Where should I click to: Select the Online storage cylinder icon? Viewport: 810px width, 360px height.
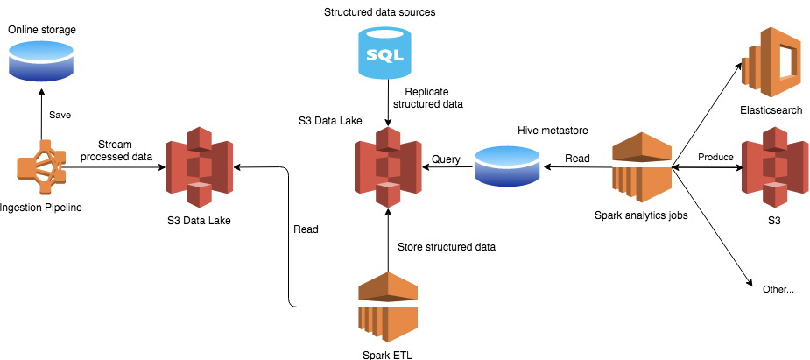coord(41,60)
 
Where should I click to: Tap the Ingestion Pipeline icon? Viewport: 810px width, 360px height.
coord(41,167)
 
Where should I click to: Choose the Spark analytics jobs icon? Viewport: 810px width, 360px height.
coord(641,166)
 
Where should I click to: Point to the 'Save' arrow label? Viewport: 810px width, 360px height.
coord(60,115)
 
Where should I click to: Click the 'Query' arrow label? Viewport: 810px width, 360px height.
coord(446,159)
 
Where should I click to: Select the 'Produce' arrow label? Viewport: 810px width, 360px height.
coord(715,158)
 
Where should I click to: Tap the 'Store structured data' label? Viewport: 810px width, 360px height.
coord(447,247)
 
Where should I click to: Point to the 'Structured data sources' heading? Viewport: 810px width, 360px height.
coord(379,12)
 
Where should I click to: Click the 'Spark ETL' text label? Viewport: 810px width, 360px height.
coord(387,354)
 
